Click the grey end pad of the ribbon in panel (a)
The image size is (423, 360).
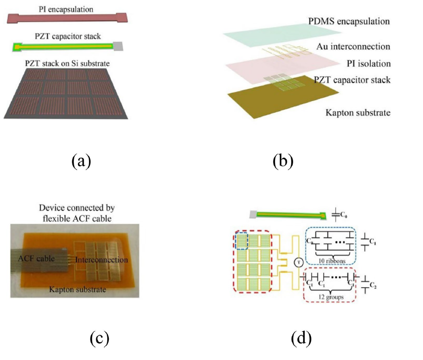point(119,46)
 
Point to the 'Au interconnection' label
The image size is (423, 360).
point(353,47)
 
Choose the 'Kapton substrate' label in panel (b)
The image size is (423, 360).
point(358,113)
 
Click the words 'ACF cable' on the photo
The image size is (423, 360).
point(35,259)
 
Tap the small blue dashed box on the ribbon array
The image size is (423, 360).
point(242,240)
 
